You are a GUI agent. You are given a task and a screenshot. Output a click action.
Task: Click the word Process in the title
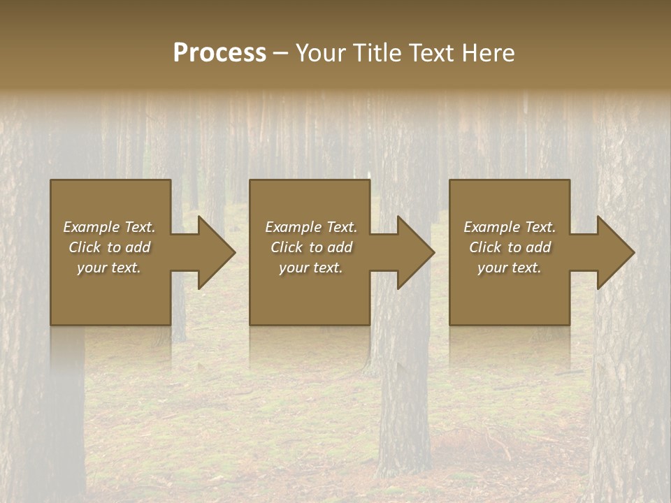point(219,53)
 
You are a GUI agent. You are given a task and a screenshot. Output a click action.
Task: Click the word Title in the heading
point(372,53)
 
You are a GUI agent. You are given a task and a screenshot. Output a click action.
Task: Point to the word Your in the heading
point(322,53)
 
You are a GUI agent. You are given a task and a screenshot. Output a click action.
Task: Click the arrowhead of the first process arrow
point(216,252)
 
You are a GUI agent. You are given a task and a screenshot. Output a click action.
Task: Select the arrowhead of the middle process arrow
point(415,252)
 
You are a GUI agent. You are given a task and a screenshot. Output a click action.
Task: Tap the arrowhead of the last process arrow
point(615,252)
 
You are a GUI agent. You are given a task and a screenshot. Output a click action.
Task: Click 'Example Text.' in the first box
point(109,227)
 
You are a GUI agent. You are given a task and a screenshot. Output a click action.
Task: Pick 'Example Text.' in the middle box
point(311,227)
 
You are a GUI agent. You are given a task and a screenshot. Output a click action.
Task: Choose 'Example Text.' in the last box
point(510,227)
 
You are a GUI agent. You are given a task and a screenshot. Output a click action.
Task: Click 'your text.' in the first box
point(109,268)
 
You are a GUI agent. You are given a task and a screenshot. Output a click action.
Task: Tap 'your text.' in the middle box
point(311,268)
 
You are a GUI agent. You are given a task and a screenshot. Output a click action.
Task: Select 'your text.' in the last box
point(510,268)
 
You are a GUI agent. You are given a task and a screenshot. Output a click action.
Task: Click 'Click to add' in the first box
point(109,247)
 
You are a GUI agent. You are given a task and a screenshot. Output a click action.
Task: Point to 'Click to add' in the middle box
point(311,247)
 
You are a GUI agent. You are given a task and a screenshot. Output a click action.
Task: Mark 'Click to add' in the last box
point(510,247)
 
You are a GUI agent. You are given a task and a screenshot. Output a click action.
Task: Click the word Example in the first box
point(91,227)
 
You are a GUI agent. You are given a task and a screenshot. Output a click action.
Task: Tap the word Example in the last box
point(491,227)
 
